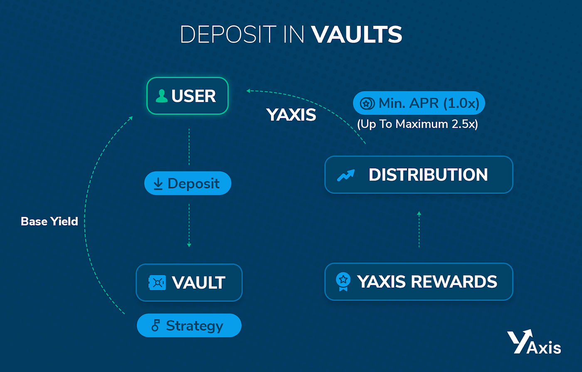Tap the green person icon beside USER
(161, 96)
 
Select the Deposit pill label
(187, 183)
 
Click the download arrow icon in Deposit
(158, 184)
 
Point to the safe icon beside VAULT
(157, 283)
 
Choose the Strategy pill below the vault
(189, 325)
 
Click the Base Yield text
(49, 221)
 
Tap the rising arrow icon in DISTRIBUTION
(346, 175)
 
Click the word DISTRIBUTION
(428, 175)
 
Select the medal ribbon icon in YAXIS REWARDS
(343, 281)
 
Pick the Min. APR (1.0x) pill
(419, 103)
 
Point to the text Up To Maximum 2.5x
(417, 124)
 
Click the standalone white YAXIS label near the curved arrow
(291, 115)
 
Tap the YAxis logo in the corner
(534, 342)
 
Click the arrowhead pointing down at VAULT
(189, 245)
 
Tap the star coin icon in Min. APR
(366, 103)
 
